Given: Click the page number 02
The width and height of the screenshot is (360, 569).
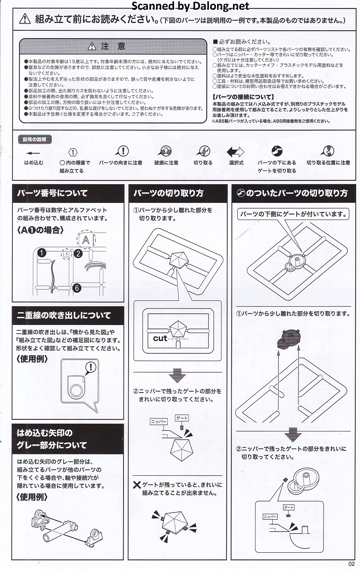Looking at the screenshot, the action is [351, 564].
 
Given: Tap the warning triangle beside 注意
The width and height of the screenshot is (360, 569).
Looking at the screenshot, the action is [92, 46].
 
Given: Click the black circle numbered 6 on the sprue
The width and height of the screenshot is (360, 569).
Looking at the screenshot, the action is [77, 288].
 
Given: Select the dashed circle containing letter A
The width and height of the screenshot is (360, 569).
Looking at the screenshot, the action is [86, 239].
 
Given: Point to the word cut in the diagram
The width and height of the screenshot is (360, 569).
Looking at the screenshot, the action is [160, 338].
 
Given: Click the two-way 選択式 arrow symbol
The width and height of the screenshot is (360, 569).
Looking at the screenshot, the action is [235, 152].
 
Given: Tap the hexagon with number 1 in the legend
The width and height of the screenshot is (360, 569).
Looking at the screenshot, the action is [73, 152].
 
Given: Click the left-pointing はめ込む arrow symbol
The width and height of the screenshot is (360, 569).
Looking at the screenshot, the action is [33, 153].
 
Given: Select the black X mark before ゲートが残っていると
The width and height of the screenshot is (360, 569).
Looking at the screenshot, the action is [137, 485].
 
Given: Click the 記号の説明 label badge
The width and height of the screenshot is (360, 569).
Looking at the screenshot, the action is [35, 139].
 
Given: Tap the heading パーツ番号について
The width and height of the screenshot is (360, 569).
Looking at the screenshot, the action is [52, 193].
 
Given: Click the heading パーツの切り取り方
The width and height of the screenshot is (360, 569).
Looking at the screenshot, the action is [169, 193].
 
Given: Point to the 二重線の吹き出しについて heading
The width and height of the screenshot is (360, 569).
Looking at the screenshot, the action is [64, 315].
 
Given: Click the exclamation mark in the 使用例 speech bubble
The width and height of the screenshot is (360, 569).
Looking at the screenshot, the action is [90, 367].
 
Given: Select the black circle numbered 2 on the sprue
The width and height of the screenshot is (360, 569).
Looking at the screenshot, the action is [78, 253].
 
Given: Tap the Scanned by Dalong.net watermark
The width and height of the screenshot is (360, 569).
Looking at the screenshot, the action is [190, 5].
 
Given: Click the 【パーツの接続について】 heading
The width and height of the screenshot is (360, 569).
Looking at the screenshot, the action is [243, 97].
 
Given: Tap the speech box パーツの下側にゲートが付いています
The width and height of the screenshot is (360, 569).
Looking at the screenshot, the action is [293, 214].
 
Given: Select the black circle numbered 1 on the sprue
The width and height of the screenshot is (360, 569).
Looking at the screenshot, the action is [42, 253].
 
